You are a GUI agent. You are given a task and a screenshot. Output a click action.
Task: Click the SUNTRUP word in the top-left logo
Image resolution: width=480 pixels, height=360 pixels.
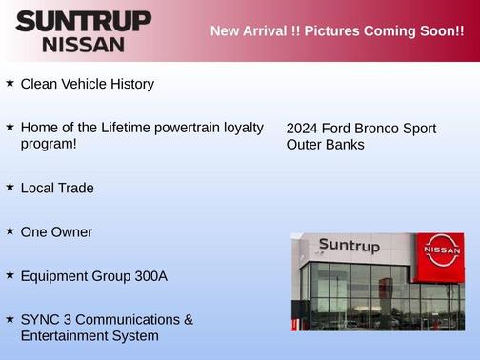coord(83,21)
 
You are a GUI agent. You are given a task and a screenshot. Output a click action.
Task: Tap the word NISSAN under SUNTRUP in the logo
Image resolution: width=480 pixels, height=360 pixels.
coord(83,44)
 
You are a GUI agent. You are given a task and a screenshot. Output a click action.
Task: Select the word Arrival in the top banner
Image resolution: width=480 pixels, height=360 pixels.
coord(255,30)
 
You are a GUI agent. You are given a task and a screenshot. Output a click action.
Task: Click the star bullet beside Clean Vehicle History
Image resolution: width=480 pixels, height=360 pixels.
coord(10,83)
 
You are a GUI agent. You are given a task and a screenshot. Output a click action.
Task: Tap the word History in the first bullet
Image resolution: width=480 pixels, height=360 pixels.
coord(130,84)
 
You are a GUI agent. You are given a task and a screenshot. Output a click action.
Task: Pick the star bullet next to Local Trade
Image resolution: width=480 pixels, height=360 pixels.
coord(10,187)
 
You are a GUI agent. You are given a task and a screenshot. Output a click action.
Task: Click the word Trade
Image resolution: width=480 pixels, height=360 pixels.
coord(76,188)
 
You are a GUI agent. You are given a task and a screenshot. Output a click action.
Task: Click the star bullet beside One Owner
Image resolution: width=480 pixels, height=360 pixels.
coord(10,230)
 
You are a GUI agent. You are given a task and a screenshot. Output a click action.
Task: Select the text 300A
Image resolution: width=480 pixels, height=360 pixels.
coord(148,275)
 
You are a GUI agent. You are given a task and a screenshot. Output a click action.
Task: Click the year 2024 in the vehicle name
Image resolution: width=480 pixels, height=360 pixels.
coord(303,129)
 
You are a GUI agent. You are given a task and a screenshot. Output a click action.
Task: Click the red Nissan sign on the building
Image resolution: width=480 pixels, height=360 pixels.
coord(441,250)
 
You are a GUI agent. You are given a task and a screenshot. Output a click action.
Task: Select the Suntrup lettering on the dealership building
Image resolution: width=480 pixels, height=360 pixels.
coord(349,246)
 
